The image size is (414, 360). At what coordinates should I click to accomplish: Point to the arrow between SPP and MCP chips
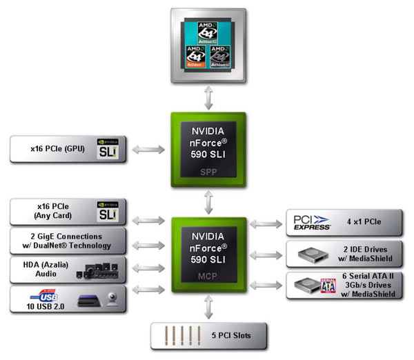208,201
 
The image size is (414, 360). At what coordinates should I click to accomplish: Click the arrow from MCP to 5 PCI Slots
208,308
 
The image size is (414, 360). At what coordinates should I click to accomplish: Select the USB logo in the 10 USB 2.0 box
47,296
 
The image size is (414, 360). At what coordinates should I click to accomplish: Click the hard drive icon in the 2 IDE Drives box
313,254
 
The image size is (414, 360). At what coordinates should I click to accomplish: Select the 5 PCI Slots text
232,336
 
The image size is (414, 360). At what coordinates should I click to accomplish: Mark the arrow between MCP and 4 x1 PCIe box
266,223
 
